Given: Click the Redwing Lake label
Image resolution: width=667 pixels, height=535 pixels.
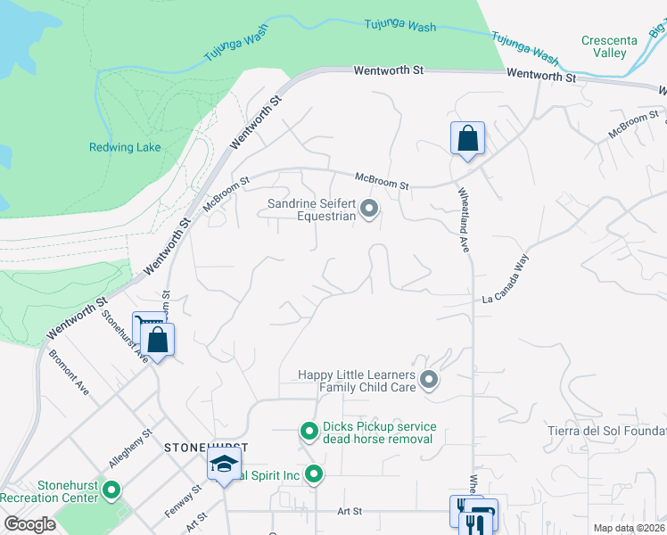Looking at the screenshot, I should pos(125,147).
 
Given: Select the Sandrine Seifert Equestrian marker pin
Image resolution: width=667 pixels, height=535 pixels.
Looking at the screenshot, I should pos(369,210).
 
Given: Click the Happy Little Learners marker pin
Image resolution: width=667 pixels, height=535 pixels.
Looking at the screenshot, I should pos(429,381).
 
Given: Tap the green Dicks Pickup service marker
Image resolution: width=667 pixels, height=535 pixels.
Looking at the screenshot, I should pos(309,432).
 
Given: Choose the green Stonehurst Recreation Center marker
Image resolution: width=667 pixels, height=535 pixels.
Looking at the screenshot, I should pos(111,490).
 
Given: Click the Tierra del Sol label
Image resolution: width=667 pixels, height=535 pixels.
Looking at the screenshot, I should pos(606,432).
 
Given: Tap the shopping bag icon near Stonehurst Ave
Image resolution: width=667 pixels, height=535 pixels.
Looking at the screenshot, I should pos(158,340).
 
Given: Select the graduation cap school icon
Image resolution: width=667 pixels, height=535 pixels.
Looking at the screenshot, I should pos(225,464).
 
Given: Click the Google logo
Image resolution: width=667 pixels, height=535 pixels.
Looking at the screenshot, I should pos(30,524).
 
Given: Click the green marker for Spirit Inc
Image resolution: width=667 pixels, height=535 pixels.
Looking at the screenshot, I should pos(313,473).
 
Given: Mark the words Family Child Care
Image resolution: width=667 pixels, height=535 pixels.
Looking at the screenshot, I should pos(367,388).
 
